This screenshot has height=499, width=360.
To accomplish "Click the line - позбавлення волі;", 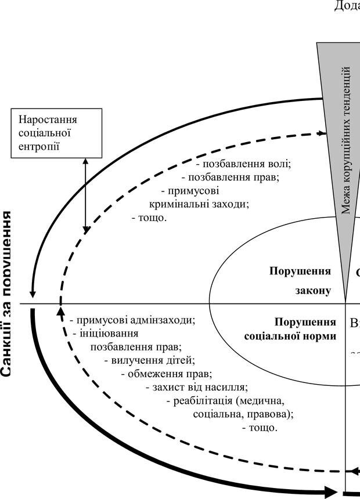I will click(x=243, y=164).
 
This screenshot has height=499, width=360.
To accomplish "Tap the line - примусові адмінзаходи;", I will click(x=132, y=320).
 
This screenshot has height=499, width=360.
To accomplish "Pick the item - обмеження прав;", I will click(x=167, y=373).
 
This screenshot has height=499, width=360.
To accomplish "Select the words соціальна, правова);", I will click(x=243, y=414).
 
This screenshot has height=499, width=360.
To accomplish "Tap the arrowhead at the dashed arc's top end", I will click(x=322, y=133).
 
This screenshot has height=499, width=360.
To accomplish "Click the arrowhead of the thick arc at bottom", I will click(x=331, y=492).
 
